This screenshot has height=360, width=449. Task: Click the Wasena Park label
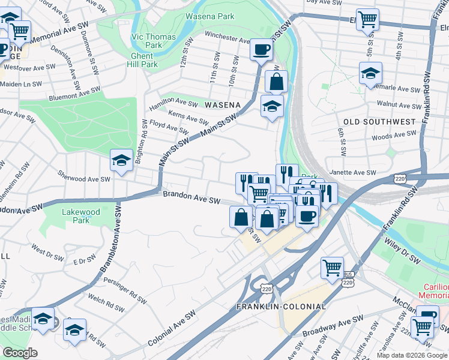210,16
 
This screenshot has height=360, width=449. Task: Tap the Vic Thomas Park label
154,41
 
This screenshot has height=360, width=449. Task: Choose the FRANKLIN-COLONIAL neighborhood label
282,307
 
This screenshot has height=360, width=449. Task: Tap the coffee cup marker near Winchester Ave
261,49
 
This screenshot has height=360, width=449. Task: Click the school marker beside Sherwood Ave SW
121,161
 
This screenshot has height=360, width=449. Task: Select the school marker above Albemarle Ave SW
370,74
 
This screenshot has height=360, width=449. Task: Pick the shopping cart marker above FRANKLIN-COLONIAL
332,267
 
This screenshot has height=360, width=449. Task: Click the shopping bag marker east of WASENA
276,82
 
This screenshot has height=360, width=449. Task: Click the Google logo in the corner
20,353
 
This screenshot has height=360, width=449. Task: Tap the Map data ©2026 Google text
411,355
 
